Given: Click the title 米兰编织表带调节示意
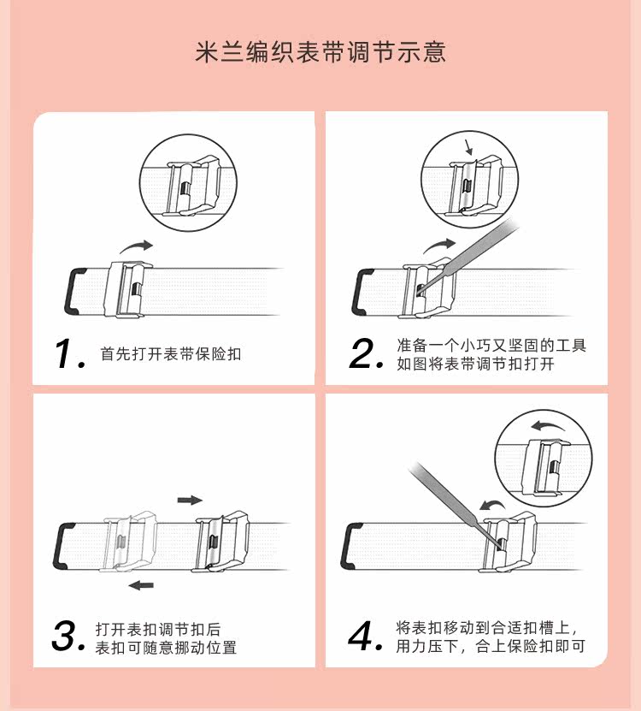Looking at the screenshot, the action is [320, 51].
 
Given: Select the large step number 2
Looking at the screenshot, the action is [367, 353].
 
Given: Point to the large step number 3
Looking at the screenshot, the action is [68, 636].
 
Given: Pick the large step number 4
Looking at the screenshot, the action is [366, 636].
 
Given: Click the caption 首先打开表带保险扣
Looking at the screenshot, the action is [170, 354].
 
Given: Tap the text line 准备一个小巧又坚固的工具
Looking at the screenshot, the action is [491, 346].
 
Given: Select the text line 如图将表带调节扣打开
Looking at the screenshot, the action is [476, 364].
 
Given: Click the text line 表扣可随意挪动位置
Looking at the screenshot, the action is [166, 647].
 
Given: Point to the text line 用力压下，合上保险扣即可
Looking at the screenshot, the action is [491, 646].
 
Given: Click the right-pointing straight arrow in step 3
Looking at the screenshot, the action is [190, 501].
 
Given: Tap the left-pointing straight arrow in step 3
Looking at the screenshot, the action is [141, 585].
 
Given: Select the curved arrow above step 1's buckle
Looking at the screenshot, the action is [136, 247].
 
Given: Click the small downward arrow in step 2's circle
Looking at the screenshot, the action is [468, 147].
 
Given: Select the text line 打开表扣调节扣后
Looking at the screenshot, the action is [158, 630].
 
